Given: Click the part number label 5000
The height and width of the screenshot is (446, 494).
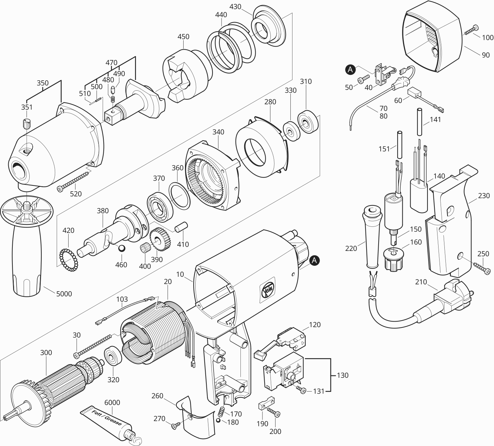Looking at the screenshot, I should tap(64, 294).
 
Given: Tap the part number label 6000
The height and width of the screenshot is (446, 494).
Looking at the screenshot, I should tap(112, 403).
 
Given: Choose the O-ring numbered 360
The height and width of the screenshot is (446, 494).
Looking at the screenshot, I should tap(179, 195).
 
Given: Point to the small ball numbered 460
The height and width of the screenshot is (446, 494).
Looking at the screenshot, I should tap(121, 249).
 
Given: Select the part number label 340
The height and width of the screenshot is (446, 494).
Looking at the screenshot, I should tap(218, 132).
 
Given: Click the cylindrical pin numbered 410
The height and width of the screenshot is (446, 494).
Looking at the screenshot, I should tap(181, 229).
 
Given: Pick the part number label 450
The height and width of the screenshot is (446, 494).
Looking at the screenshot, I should tap(183, 37).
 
